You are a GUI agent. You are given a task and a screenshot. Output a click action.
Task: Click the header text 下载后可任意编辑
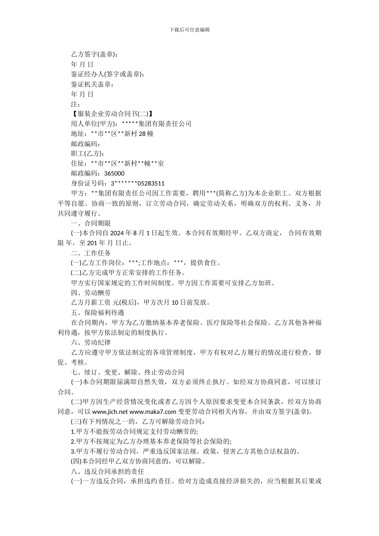click(x=189, y=30)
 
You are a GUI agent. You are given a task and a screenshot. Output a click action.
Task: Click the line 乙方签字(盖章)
click(x=94, y=54)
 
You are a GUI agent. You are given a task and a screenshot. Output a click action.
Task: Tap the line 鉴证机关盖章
click(x=93, y=84)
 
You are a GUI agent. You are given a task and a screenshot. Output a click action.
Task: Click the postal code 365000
click(x=114, y=173)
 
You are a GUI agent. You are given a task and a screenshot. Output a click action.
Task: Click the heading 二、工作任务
click(x=91, y=253)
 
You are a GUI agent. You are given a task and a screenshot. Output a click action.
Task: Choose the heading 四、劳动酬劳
click(x=91, y=292)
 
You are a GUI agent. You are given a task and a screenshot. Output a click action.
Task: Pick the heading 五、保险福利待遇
click(x=97, y=312)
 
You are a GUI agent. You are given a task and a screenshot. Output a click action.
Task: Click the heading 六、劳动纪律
click(x=91, y=342)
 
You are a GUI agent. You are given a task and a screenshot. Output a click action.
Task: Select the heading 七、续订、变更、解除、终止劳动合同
click(x=127, y=372)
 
